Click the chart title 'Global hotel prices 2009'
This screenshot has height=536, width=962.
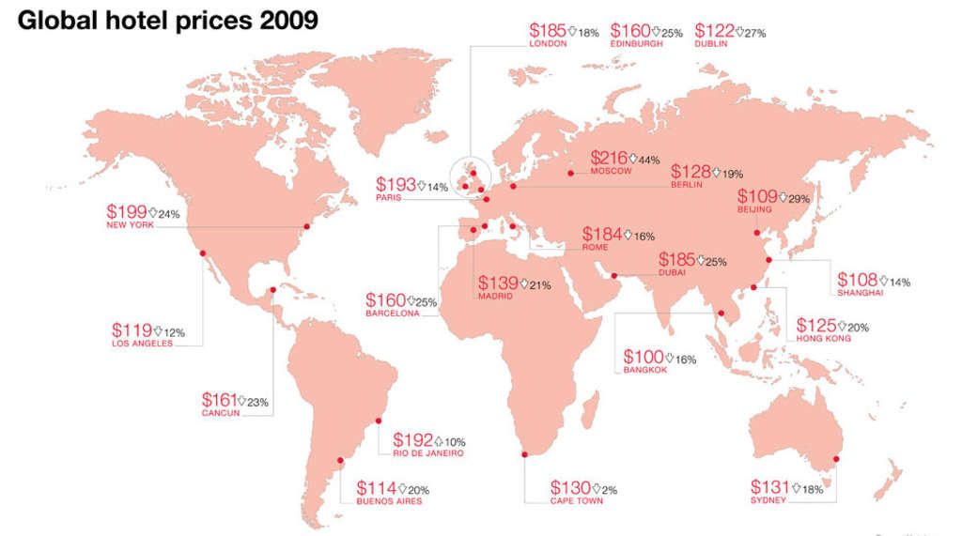pos(168,20)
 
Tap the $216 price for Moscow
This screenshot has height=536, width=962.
pos(608,158)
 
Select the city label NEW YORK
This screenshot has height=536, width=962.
pos(129,225)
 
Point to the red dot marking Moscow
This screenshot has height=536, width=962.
pos(571,173)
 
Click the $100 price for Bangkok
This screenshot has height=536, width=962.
pos(643,358)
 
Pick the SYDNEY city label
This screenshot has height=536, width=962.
pos(768,500)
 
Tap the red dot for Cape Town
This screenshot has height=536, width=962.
pos(523,455)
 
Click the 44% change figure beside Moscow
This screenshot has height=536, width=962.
pos(648,161)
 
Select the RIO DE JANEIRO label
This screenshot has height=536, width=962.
pos(428,454)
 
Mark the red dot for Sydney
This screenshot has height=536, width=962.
pos(837,459)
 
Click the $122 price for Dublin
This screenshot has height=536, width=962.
pos(713,31)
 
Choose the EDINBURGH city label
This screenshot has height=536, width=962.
pos(636,44)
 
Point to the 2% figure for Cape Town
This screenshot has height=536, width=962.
pos(611,490)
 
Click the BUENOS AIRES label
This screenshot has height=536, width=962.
pos(389,501)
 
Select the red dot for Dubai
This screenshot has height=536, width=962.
pos(614,275)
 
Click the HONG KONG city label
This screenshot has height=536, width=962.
pos(823,338)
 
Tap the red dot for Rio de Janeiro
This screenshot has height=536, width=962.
pos(380,420)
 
